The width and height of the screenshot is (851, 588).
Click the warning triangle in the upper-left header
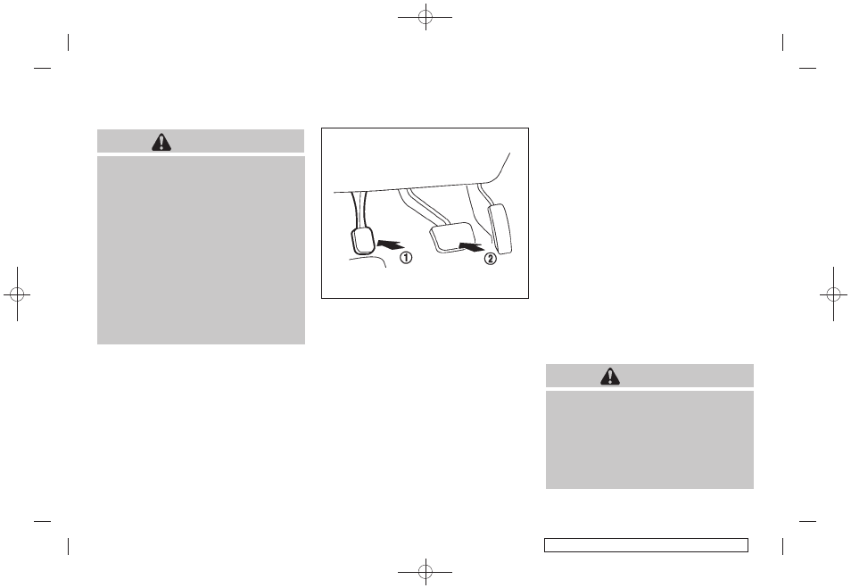161,142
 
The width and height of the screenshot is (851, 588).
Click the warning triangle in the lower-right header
610,377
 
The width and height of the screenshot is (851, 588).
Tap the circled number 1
406,258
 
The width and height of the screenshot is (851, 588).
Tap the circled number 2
490,259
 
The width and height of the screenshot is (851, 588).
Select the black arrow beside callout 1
390,244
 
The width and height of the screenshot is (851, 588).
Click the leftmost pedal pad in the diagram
361,241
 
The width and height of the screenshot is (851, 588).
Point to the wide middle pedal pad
452,237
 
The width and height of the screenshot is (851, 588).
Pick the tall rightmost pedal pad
500,228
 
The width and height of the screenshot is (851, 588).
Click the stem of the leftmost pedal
359,211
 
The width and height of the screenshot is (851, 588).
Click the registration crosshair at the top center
425,17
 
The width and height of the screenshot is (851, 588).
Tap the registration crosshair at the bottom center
425,571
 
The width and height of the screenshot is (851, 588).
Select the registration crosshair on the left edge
17,294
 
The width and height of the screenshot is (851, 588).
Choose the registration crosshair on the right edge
834,294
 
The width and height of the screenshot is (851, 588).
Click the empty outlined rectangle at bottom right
646,545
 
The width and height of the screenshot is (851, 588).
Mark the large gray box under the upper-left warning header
201,251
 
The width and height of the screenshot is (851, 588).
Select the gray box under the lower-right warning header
649,440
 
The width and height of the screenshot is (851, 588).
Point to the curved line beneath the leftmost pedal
368,261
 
